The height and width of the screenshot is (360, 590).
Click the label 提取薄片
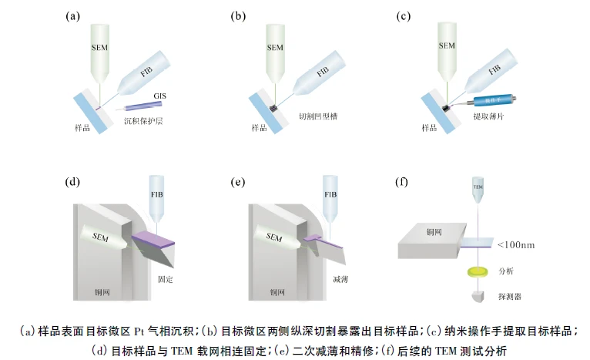pos(488,119)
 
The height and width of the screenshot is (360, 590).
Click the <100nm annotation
pos(517,245)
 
